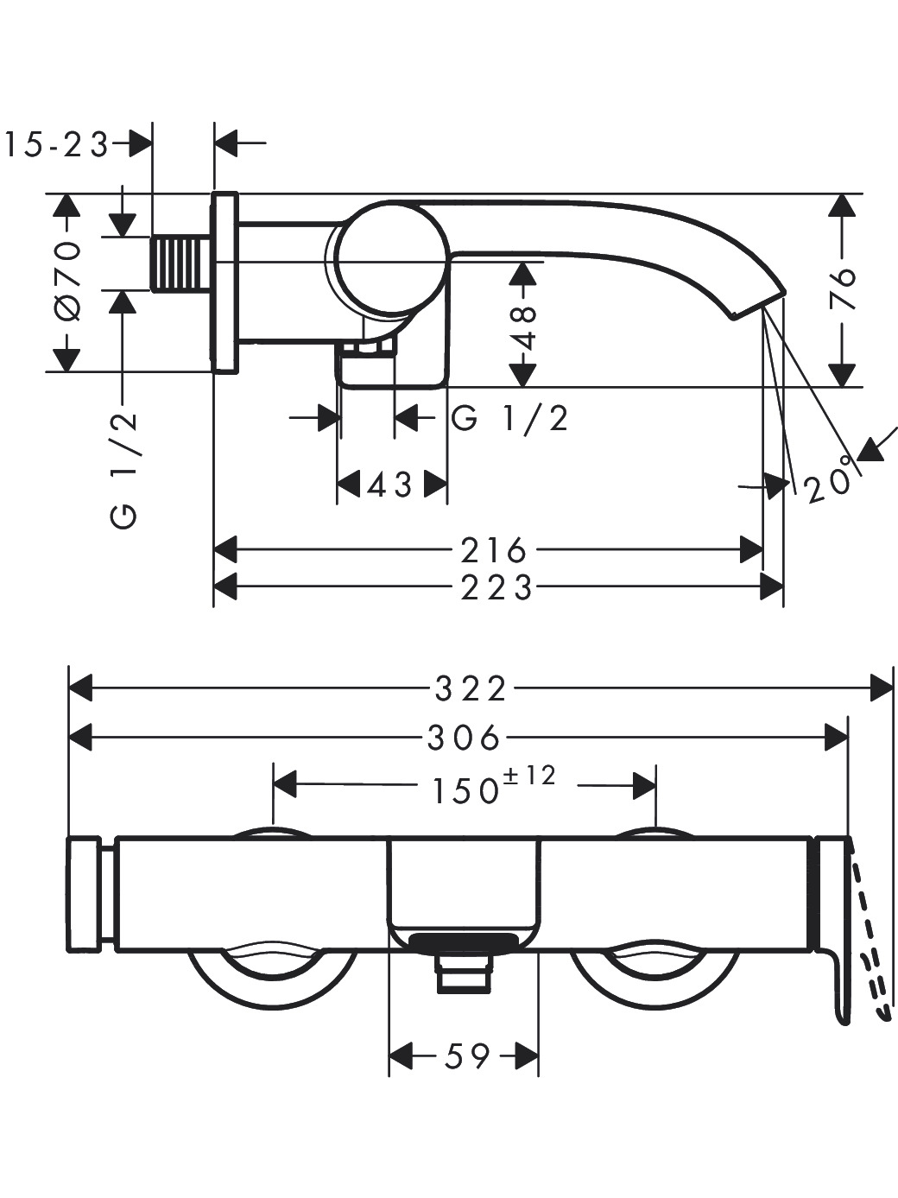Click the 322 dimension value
pyautogui.click(x=471, y=688)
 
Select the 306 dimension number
pyautogui.click(x=463, y=738)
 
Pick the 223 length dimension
pyautogui.click(x=496, y=588)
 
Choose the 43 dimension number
pyautogui.click(x=389, y=485)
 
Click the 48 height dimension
pyautogui.click(x=525, y=327)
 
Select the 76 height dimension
pyautogui.click(x=843, y=289)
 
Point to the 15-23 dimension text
pyautogui.click(x=56, y=145)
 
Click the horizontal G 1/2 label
pyautogui.click(x=510, y=419)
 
